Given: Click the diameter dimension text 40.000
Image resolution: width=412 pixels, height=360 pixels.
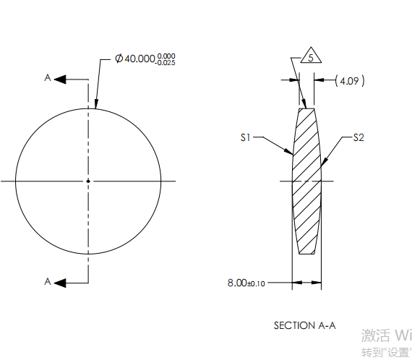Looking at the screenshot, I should tap(140, 59).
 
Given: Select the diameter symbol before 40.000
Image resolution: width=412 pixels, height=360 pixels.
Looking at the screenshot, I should tap(119, 59).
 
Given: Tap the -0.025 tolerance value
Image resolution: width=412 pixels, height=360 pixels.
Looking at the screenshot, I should tap(166, 63).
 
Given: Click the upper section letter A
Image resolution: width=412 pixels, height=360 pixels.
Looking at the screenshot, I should tap(48, 78).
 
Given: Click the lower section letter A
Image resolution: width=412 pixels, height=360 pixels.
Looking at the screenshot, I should tap(48, 282).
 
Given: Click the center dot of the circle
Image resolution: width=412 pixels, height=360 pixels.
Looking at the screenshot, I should tap(88, 181).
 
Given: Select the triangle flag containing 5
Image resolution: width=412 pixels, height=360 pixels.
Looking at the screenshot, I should tap(309, 58).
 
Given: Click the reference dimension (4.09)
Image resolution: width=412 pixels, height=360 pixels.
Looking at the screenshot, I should tap(351, 81).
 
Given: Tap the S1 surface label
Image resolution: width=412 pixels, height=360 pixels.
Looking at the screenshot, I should tap(246, 136).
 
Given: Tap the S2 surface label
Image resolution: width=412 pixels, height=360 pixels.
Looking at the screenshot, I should tap(359, 137).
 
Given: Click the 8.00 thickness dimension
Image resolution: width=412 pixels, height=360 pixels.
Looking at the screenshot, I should tap(237, 283).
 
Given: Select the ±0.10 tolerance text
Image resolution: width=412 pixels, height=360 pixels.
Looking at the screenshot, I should tap(257, 283).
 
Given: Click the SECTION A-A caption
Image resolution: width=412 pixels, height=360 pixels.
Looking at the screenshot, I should tap(304, 325).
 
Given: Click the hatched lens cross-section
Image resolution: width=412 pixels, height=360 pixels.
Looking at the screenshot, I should tap(306, 181).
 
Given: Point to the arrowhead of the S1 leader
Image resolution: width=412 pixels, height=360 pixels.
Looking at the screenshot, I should tap(291, 153).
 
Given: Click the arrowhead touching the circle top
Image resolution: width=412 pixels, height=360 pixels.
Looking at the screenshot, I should tap(95, 106).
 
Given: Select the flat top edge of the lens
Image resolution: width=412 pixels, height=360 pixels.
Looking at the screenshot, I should tap(307, 108).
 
